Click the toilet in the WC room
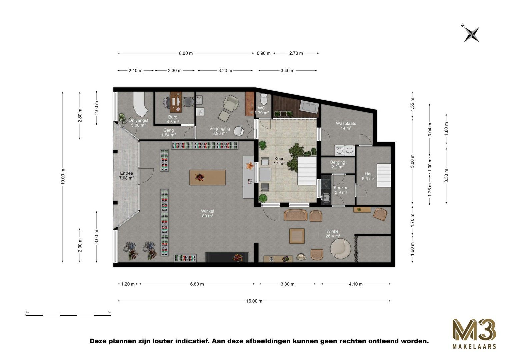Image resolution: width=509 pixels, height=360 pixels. [264, 99]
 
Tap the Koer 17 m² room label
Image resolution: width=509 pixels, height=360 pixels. [279, 161]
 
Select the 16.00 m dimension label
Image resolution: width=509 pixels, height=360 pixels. [254, 301]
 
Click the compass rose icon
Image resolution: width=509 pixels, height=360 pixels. [471, 34]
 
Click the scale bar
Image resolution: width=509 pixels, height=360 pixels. [68, 314]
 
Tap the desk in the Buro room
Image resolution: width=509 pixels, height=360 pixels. [175, 102]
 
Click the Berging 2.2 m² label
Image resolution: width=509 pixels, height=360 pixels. [337, 164]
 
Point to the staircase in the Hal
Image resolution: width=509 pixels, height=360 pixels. [384, 175]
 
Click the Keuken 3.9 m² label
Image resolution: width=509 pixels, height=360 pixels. [341, 190]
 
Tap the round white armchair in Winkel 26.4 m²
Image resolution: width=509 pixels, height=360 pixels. [340, 248]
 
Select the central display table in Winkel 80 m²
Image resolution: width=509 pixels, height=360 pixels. [207, 177]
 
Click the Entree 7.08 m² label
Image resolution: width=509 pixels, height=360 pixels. [126, 176]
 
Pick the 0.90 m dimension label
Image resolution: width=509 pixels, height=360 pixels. [263, 53]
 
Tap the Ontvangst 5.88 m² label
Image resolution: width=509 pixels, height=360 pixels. [138, 123]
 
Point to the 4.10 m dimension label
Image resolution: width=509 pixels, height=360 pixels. [356, 284]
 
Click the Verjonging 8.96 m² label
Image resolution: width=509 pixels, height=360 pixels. [219, 131]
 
